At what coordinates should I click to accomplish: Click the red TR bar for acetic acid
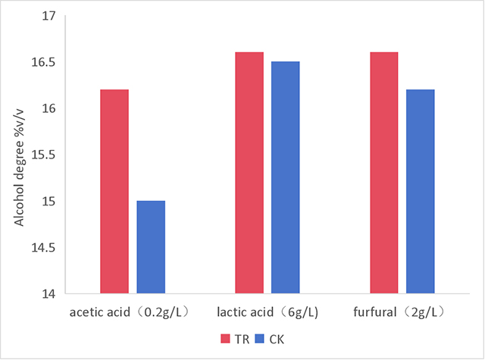click(x=114, y=191)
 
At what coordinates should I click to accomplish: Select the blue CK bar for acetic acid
click(x=151, y=247)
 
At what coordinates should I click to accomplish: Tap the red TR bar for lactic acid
click(x=249, y=173)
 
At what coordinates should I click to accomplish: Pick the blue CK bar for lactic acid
click(x=286, y=177)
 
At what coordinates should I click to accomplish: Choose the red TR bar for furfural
click(x=383, y=173)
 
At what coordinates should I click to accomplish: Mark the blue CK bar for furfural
click(x=420, y=191)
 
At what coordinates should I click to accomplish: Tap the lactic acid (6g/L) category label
click(x=267, y=311)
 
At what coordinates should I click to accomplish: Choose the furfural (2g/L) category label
click(x=401, y=311)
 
